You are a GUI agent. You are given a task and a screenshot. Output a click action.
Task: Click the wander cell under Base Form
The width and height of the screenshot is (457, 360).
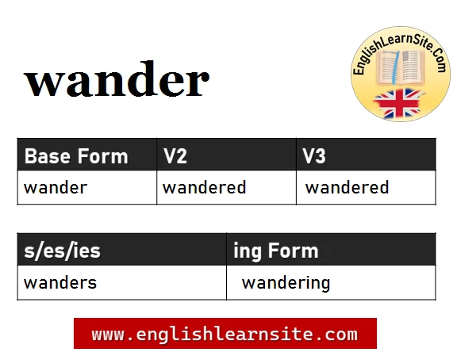pyautogui.click(x=56, y=188)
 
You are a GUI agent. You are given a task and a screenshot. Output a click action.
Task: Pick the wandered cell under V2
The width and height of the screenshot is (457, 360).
pyautogui.click(x=204, y=188)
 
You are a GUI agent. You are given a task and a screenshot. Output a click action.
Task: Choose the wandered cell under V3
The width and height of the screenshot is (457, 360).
pyautogui.click(x=347, y=188)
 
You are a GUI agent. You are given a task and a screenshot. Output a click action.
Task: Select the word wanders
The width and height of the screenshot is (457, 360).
pyautogui.click(x=60, y=283)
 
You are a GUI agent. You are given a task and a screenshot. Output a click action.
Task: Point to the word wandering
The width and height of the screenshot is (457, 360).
pyautogui.click(x=286, y=283)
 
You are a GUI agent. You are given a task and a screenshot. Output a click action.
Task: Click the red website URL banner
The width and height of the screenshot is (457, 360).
pyautogui.click(x=225, y=334)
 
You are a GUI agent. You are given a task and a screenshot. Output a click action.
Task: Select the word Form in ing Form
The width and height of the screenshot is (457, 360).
pyautogui.click(x=293, y=252)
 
